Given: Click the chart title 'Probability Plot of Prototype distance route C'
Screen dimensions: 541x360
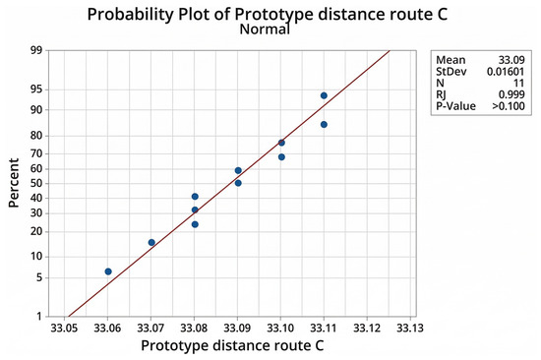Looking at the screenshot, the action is [267, 14].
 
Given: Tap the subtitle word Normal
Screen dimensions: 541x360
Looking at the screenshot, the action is [265, 29].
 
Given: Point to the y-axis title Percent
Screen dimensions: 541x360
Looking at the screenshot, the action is [14, 183].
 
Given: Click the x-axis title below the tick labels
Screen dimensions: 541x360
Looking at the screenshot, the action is [232, 346].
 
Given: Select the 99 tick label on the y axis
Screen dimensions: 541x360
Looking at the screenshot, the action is [35, 50].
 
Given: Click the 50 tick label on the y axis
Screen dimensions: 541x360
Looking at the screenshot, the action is [35, 183].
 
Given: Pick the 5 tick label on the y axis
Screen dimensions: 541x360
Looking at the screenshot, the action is [39, 277].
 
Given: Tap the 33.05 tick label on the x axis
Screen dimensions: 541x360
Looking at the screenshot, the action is [64, 328].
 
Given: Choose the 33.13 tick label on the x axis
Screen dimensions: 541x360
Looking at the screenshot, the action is [410, 328].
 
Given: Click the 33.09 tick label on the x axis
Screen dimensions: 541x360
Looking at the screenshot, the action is [237, 328].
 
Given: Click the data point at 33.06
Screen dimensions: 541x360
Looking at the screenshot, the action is [108, 271].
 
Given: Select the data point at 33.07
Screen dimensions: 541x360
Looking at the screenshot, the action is [151, 243].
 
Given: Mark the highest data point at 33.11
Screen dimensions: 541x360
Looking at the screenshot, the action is [324, 95].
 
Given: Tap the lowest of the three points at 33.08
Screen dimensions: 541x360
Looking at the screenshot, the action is [195, 224].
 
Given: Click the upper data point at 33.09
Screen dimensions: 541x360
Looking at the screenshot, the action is [238, 170].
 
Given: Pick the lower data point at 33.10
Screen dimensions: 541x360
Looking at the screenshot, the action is [281, 157].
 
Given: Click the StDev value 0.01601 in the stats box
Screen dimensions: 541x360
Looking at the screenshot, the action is [506, 72].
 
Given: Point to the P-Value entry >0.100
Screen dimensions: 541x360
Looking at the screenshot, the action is [509, 106].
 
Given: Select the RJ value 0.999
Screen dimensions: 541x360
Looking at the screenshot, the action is [511, 94].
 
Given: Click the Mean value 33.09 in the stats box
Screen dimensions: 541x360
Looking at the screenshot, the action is [511, 60].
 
